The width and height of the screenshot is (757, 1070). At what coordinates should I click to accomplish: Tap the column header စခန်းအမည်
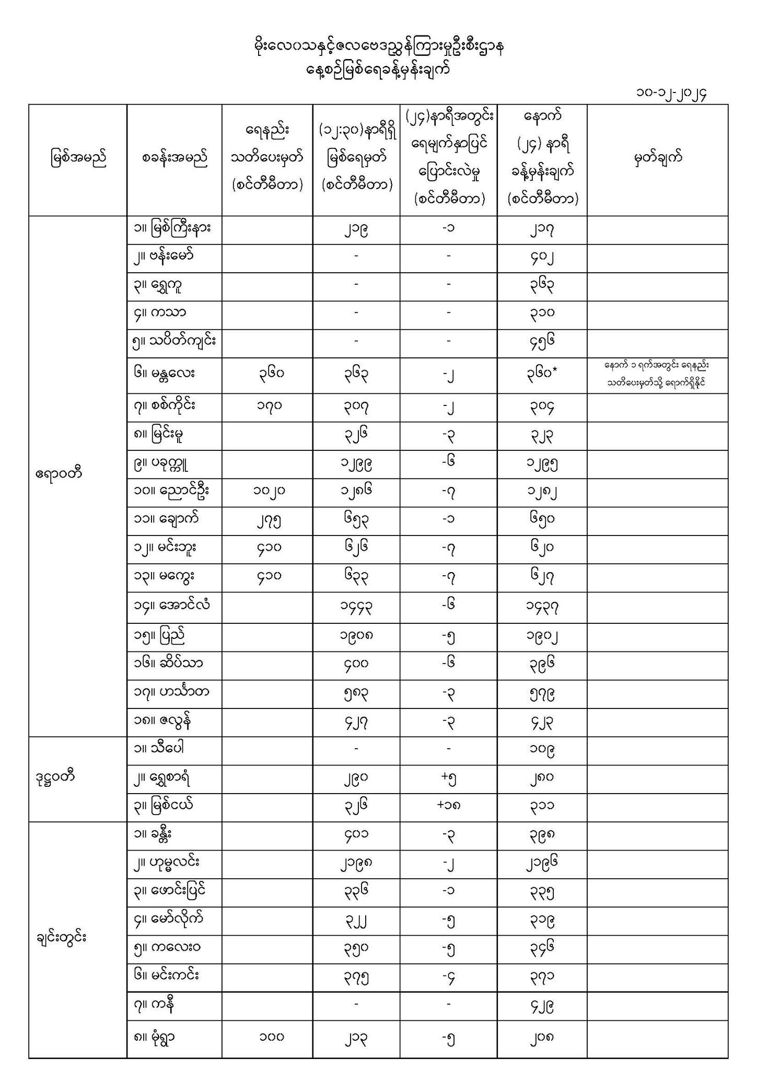point(174,158)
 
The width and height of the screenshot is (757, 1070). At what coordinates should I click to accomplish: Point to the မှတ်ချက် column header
point(657,158)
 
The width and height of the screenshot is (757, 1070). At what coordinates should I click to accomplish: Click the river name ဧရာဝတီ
point(59,475)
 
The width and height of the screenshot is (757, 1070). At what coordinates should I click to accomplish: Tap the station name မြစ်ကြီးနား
point(172,229)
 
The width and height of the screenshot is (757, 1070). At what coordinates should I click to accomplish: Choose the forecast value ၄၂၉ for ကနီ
point(541,1006)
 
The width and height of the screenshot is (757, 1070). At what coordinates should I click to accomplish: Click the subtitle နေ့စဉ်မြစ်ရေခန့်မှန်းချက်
point(378,69)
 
